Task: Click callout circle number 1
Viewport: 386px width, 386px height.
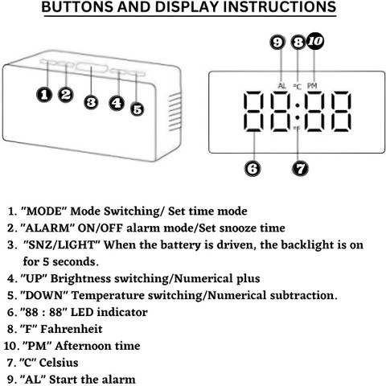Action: pos(44,95)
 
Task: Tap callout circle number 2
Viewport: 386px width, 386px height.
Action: pos(66,94)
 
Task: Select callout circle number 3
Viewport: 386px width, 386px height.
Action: pos(91,102)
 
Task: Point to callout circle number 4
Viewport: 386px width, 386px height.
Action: pos(117,103)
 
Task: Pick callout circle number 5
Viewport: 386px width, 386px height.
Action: pos(138,109)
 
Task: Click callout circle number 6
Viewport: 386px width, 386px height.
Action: pos(253,168)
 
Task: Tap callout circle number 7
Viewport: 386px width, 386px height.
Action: pos(300,168)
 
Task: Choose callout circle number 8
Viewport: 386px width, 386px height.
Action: pos(298,43)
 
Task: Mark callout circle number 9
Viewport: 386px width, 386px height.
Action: pos(277,43)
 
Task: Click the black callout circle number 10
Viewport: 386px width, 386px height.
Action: pos(315,41)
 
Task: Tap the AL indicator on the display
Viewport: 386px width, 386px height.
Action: pos(281,86)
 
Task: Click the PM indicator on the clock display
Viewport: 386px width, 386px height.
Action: pos(312,86)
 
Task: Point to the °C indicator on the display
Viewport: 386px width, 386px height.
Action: pos(297,86)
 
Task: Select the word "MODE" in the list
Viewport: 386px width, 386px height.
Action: pos(43,211)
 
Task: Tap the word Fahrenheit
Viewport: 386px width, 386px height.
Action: pos(72,329)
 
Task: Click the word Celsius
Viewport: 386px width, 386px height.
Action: pos(59,363)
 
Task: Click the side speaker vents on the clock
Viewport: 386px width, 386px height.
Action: pos(175,112)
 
